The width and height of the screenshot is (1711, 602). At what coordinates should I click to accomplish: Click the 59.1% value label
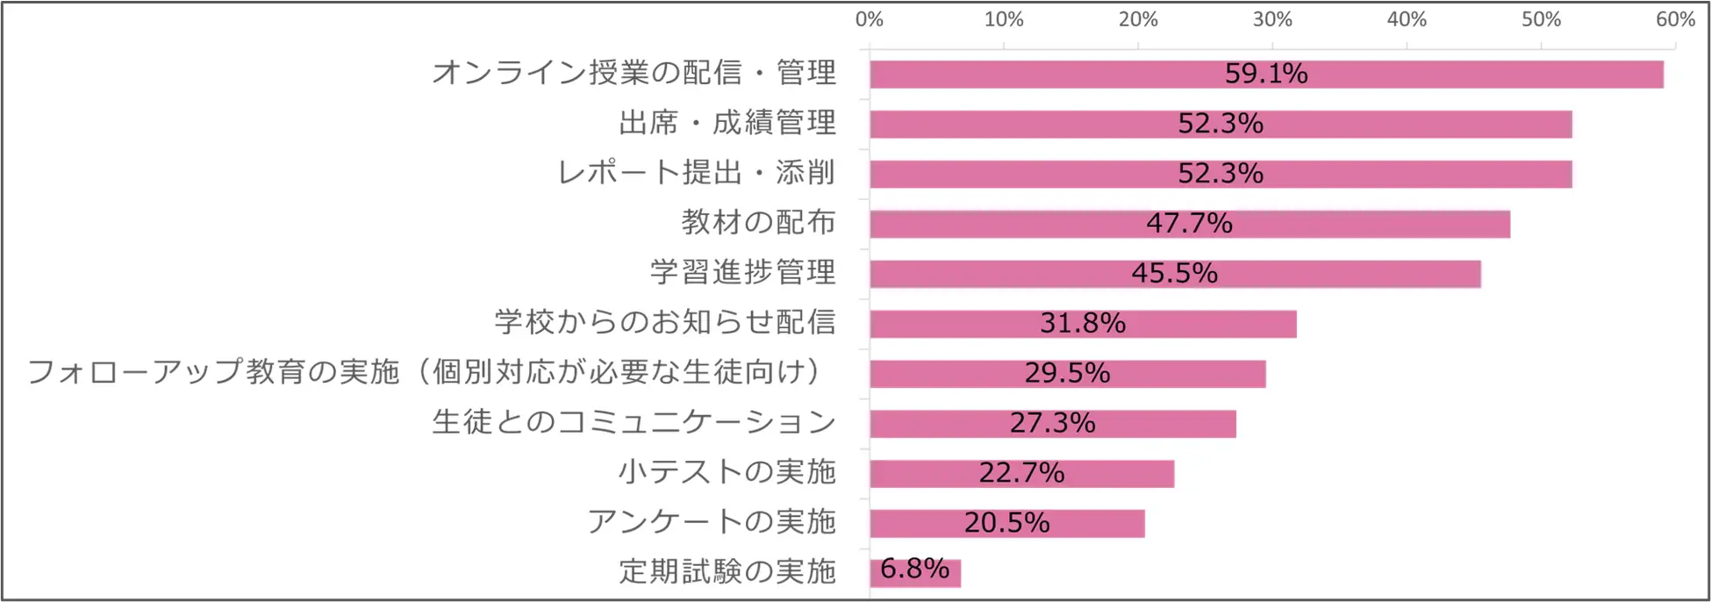(x=1265, y=74)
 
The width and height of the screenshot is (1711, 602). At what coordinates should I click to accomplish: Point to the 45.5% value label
(x=1174, y=273)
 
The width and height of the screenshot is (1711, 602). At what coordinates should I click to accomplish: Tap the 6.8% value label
(x=914, y=569)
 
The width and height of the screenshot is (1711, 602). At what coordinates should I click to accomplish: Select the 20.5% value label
(x=1006, y=523)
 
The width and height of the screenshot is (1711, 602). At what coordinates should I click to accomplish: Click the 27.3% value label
(x=1052, y=423)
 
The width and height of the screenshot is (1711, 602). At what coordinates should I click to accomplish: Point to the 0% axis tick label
(x=869, y=19)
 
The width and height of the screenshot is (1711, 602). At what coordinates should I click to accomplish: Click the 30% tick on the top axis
(x=1272, y=19)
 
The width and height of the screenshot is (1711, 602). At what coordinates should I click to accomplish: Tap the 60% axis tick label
(x=1675, y=19)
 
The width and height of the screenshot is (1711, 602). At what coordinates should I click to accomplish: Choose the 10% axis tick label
(x=1003, y=19)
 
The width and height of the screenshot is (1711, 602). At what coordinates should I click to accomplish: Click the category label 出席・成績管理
(x=727, y=123)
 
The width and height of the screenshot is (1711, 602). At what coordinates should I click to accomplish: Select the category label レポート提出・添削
(x=697, y=173)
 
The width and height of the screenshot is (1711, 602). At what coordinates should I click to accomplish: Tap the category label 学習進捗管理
(x=743, y=272)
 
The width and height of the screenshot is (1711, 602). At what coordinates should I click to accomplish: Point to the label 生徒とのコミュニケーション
(x=634, y=422)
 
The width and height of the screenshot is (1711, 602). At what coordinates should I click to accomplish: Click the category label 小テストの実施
(x=727, y=472)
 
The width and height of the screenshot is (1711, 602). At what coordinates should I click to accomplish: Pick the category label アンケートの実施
(x=712, y=522)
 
